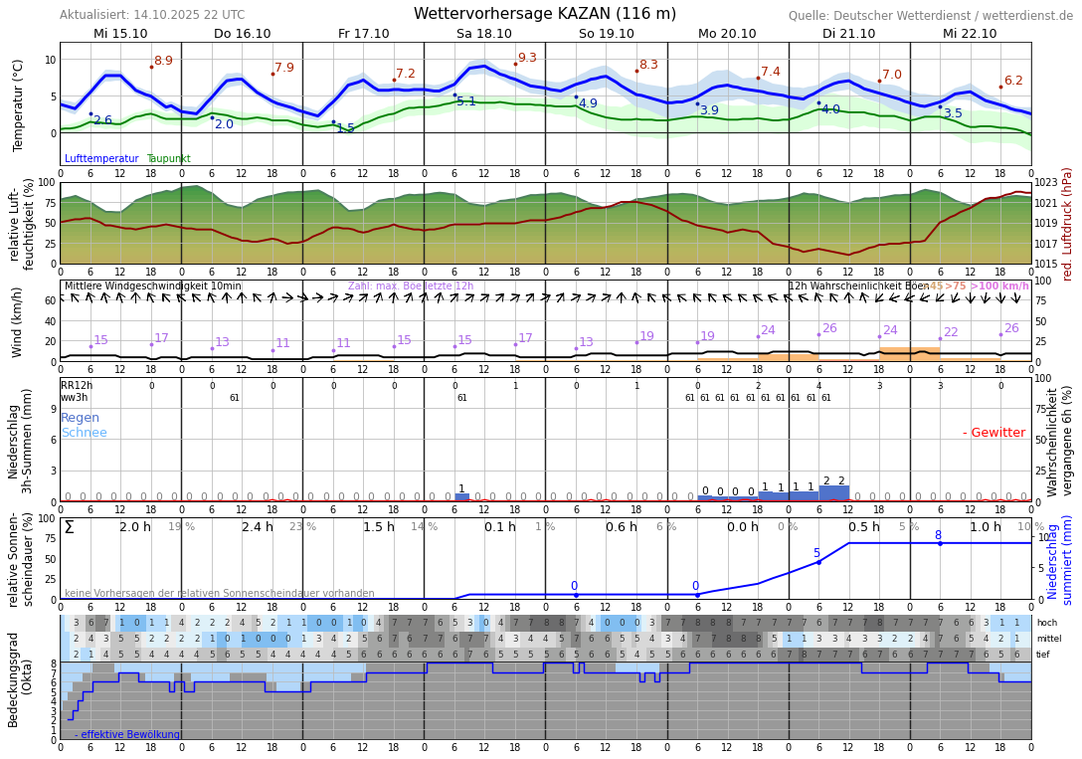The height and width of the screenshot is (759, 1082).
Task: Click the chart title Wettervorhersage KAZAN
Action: [x=545, y=14]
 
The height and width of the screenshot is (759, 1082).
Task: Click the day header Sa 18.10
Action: [x=484, y=33]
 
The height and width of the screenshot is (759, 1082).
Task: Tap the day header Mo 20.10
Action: [x=727, y=33]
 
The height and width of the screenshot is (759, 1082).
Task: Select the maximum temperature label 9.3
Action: [x=527, y=59]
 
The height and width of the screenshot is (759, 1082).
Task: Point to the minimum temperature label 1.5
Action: [x=345, y=128]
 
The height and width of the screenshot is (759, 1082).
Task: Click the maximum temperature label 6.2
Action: [x=1013, y=81]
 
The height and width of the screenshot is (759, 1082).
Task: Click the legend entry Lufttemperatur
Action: [x=101, y=159]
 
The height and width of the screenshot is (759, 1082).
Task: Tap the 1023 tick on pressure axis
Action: [x=1046, y=183]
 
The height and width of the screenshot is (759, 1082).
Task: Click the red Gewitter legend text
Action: [x=993, y=433]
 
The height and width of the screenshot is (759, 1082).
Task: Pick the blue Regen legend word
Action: [x=80, y=418]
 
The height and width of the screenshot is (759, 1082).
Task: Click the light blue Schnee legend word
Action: [x=84, y=433]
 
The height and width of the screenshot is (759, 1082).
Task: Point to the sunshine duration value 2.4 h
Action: [x=257, y=527]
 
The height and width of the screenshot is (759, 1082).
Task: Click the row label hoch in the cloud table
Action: [x=1046, y=623]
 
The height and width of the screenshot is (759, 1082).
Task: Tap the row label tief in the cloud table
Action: [x=1044, y=655]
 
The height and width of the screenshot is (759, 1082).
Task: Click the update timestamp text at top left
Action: [x=151, y=15]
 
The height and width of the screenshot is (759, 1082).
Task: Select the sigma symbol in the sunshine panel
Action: [x=69, y=528]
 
